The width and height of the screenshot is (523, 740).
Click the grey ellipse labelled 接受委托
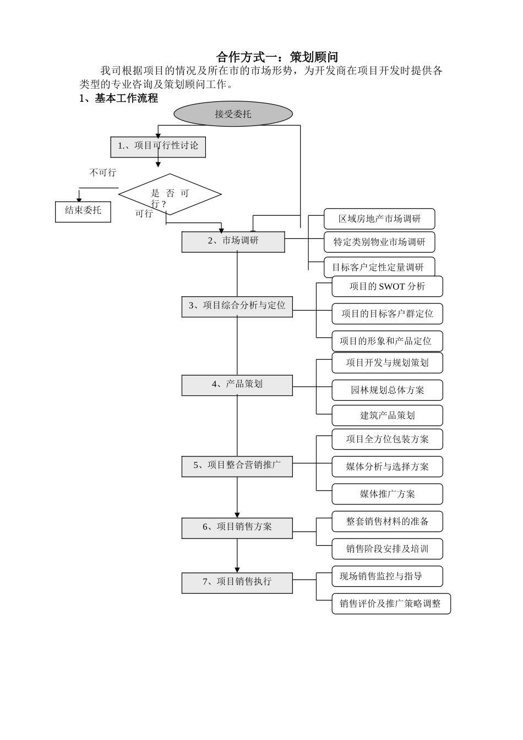(x=233, y=114)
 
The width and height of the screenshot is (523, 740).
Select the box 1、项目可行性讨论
(x=158, y=146)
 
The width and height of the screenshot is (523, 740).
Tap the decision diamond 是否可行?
(x=170, y=194)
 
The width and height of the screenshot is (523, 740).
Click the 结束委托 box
(x=83, y=211)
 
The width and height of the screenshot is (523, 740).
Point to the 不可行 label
(x=103, y=173)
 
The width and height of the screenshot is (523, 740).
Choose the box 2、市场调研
(x=233, y=241)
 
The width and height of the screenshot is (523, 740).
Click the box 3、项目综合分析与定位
(x=237, y=306)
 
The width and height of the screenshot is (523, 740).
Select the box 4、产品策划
(x=237, y=385)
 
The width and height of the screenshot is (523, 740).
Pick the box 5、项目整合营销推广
(x=237, y=466)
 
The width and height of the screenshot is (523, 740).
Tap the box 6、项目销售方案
(x=237, y=527)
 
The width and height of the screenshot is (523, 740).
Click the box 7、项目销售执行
(x=237, y=583)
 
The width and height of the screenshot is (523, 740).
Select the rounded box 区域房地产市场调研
(x=379, y=219)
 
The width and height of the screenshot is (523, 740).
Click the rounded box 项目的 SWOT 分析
(x=387, y=287)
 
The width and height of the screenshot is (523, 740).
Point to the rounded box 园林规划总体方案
(x=387, y=390)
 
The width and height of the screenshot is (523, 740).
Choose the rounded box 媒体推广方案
(x=387, y=494)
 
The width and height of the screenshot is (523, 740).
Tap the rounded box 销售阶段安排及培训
(x=387, y=549)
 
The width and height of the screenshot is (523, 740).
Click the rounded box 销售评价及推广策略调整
(x=391, y=603)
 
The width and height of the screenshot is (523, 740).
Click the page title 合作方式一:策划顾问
(x=277, y=57)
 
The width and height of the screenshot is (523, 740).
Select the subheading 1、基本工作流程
(x=118, y=99)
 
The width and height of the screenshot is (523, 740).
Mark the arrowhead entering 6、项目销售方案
(x=237, y=514)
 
